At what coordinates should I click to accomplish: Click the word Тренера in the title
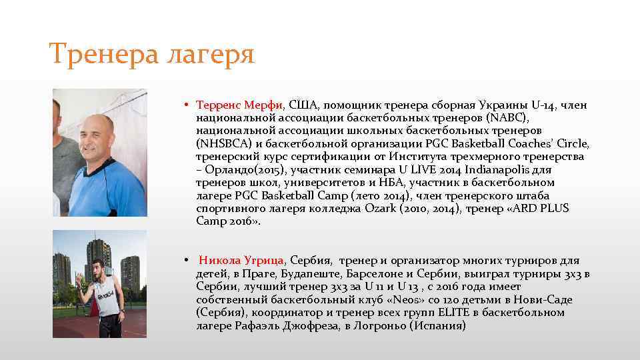point(99,53)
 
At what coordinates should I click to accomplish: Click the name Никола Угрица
point(242,260)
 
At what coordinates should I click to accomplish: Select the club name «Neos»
point(403,299)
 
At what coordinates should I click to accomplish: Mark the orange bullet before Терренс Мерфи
point(188,106)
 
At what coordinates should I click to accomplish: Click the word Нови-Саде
point(544,299)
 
